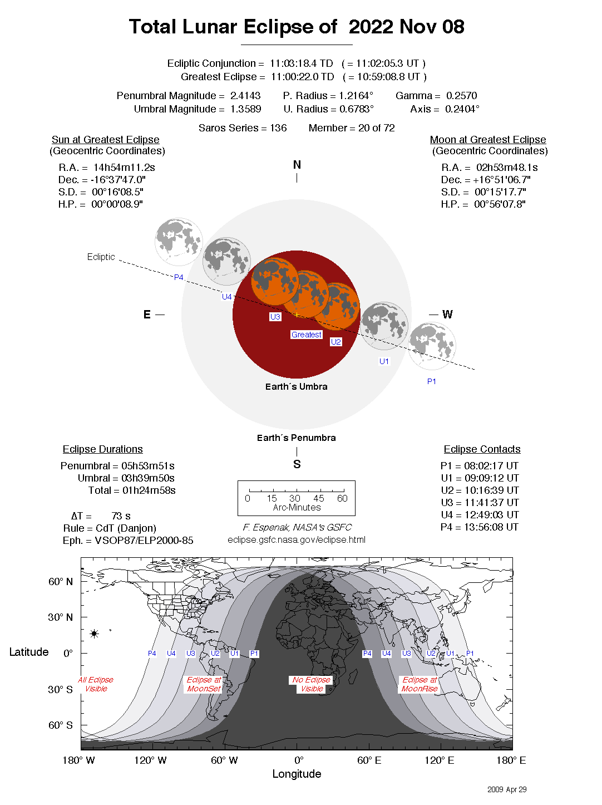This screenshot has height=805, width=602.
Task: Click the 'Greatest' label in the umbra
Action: point(306,335)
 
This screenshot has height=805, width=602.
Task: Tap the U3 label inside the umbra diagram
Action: point(275,317)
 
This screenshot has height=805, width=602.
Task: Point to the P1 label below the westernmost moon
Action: point(432,381)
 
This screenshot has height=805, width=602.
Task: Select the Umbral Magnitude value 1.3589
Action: point(245,109)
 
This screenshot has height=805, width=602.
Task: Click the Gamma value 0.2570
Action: point(461,96)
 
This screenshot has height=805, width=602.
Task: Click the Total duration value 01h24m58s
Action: point(149,490)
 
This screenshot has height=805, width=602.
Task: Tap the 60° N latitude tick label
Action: point(60,582)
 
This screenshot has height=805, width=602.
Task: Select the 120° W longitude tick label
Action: point(150,760)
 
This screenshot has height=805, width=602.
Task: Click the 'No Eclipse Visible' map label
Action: point(312,684)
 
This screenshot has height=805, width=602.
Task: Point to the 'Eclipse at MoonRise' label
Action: point(420,684)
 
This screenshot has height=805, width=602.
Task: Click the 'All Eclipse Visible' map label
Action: point(96,684)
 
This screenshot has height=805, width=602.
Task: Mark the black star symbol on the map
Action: point(94,634)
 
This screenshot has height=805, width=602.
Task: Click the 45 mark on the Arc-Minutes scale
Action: point(318,498)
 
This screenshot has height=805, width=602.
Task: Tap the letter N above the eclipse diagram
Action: point(297,165)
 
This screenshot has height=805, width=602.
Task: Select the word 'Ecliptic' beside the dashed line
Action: point(101,257)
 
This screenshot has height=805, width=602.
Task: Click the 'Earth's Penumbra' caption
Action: point(296,438)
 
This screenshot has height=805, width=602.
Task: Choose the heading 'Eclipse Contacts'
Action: point(482,449)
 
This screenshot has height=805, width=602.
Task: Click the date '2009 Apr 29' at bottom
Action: point(506,789)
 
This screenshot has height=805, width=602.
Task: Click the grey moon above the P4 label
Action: point(178,241)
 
